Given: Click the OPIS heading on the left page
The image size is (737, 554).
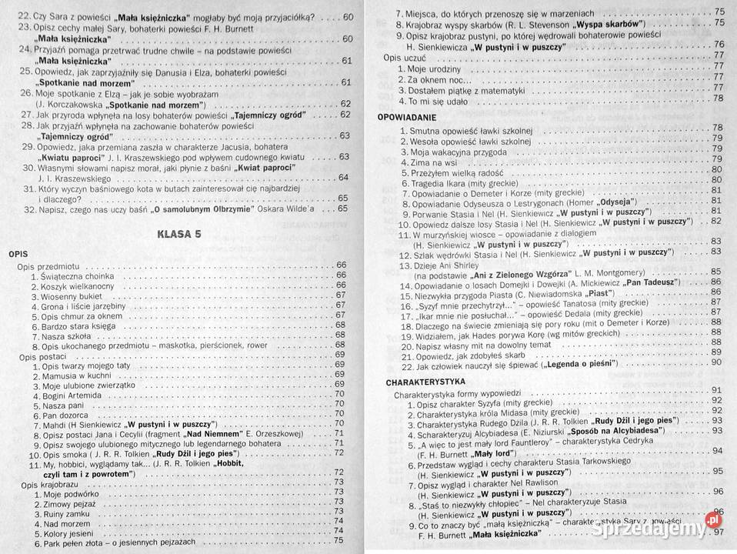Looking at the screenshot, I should pyautogui.click(x=19, y=252).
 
